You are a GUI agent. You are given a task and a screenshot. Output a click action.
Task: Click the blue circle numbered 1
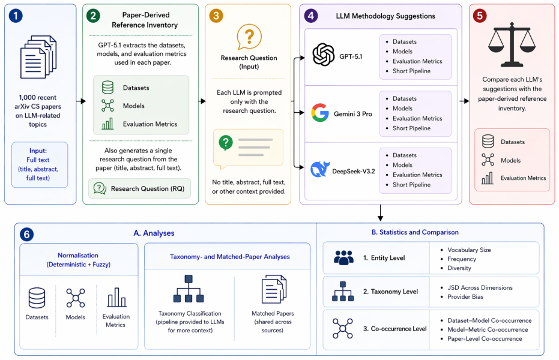pos(16,16)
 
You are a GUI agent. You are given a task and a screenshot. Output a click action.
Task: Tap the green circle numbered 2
pos(93,16)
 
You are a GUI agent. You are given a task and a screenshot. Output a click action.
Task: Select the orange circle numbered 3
pos(216,16)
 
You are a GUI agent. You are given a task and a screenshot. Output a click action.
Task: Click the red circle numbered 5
pos(480,16)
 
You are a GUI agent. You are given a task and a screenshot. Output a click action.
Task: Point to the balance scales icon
pos(512,45)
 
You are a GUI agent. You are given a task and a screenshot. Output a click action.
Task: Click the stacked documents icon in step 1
pos(38,57)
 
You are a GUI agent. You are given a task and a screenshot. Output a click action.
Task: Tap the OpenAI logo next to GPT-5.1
pos(324,55)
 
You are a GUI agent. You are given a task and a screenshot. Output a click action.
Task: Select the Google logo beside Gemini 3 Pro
pos(320,113)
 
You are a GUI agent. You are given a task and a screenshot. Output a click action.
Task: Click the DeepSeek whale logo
pos(319,169)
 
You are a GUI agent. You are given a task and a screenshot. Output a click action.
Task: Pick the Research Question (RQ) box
pos(139,188)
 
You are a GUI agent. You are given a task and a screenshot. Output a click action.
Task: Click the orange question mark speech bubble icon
pos(249,37)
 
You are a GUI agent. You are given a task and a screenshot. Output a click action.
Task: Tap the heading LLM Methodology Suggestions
pos(385,16)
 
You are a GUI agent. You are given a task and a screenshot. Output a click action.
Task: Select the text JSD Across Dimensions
pos(480,288)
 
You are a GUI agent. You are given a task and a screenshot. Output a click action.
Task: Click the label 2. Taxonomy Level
pos(390,292)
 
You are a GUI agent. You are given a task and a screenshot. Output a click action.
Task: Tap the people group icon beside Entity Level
pos(343,257)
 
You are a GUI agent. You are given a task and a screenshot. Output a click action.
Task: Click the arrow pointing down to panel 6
pos(381,213)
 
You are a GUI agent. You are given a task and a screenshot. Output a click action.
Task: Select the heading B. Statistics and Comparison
pos(415,232)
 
